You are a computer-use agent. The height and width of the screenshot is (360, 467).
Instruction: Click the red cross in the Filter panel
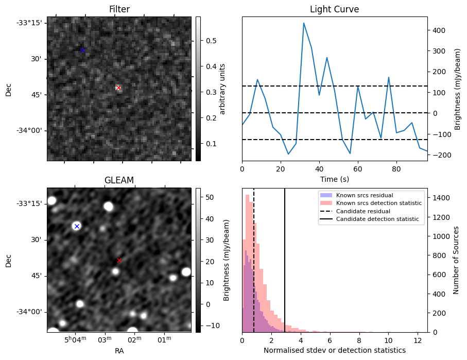[x=118, y=88]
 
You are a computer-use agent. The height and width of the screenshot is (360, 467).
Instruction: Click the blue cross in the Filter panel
[x=82, y=50]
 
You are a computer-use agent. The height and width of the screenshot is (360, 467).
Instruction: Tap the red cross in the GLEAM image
[x=119, y=261]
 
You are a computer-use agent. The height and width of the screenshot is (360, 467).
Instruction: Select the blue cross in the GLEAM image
[x=77, y=226]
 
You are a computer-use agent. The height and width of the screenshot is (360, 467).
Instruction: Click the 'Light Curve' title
[x=334, y=9]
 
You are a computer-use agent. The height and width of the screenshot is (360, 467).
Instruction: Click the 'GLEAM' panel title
[x=119, y=180]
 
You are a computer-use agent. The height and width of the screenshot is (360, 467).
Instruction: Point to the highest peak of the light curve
[x=304, y=23]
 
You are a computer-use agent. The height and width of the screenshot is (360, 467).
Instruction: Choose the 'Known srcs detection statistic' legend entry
[x=378, y=203]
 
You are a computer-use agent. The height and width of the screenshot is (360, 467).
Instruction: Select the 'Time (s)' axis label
[x=334, y=178]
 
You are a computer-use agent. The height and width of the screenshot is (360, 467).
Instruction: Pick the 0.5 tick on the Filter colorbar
[x=211, y=41]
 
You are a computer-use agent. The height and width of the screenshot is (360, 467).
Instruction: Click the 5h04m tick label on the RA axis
[x=75, y=340]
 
